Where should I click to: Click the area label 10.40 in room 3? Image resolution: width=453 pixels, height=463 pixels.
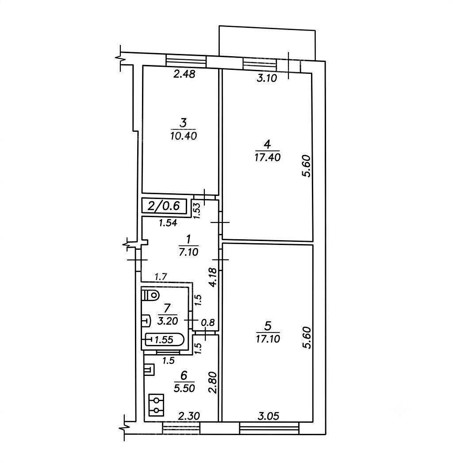pos(184,136)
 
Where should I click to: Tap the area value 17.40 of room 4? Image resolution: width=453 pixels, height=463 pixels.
pos(267,157)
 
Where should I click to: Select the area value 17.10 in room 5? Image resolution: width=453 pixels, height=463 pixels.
pos(268,339)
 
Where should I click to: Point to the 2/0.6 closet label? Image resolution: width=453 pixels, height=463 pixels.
pos(164,206)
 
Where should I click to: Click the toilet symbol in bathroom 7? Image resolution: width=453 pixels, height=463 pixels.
pos(150,295)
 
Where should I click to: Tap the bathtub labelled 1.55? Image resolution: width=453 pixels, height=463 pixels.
pos(164,340)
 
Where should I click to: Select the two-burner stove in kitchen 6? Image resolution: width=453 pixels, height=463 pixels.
pos(156,405)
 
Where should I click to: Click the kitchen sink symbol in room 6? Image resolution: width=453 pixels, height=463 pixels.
pos(149,369)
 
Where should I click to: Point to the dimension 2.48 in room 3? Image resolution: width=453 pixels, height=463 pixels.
pos(184,74)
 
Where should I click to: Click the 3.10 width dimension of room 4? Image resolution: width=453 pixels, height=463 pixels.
pos(267,78)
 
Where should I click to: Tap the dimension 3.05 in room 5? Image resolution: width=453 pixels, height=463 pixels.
pos(269,416)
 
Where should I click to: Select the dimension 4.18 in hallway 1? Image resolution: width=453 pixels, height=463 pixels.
pos(212,278)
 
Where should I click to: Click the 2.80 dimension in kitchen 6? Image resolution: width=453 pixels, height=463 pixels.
pos(213,383)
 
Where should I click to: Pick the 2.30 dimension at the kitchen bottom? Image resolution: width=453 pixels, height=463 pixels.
pos(189,416)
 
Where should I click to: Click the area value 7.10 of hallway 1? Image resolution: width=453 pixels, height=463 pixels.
pos(188,252)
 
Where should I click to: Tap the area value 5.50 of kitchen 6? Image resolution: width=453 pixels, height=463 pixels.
pos(184,388)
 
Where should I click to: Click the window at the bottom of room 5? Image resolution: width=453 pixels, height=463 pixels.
pos(269,428)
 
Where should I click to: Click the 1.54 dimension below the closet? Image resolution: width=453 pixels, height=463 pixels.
pos(168,223)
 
